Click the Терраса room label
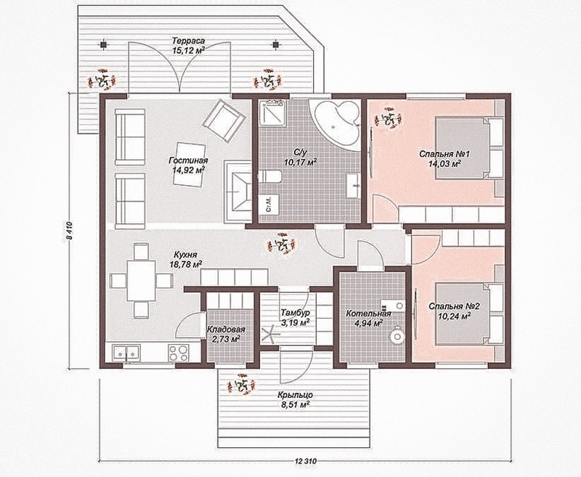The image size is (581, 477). point(189,41)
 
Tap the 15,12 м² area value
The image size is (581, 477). point(189,50)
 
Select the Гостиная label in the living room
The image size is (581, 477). point(188,160)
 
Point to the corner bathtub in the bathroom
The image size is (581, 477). point(337,123)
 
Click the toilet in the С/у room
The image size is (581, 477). point(269,177)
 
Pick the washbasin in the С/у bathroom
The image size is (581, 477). point(353,185)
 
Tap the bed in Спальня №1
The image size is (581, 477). point(468,148)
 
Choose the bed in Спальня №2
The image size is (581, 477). point(468,313)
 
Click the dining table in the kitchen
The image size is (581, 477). point(141,280)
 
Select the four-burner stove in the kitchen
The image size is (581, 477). point(179,353)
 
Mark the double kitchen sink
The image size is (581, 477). point(126,352)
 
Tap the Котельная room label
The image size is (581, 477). point(369,314)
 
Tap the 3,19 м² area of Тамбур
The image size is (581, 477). point(296,322)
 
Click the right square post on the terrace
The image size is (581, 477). point(275,44)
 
